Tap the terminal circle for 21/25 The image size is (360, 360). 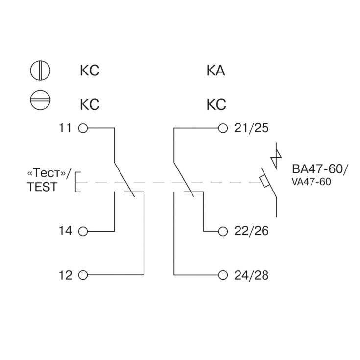(223, 128)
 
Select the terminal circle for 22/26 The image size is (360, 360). (223, 231)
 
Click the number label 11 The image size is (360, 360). (65, 128)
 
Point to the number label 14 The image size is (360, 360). (65, 231)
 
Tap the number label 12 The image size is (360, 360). (65, 274)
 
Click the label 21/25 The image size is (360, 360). (252, 128)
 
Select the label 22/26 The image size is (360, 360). (252, 231)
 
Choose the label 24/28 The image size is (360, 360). (252, 274)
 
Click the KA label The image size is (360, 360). (216, 71)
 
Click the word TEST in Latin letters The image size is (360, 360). (42, 187)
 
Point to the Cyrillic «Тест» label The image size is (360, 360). (48, 173)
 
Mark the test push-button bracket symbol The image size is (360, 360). (78, 182)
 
